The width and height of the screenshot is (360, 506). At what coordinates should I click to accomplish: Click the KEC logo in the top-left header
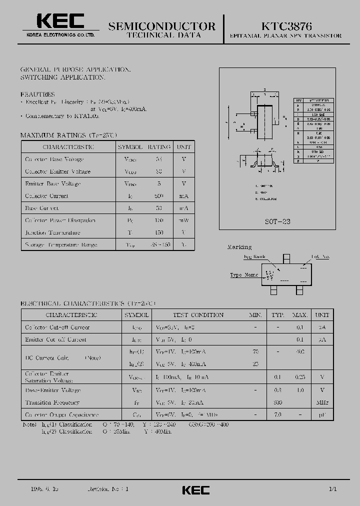pos(60,21)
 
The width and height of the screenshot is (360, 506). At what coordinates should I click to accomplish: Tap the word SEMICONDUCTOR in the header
pos(162,26)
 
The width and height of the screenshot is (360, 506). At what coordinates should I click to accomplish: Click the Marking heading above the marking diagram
pos(239,247)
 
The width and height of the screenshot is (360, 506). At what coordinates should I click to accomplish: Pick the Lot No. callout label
pos(321,257)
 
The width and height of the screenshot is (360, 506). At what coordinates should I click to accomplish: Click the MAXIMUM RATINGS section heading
pos(68,135)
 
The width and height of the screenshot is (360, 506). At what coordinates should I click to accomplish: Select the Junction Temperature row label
pos(52,232)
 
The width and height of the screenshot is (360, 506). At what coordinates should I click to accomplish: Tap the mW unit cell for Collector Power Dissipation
pos(184,220)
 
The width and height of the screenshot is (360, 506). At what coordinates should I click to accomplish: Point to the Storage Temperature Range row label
pos(61,245)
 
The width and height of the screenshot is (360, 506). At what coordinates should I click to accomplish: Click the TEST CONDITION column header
pos(198,315)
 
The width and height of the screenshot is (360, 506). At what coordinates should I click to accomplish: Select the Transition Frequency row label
pos(52,402)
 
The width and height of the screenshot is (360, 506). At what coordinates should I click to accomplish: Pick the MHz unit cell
pos(322,402)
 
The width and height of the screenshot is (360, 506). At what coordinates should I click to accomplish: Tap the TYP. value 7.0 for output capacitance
pos(277,414)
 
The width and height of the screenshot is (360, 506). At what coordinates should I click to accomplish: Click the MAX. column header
pos(300,315)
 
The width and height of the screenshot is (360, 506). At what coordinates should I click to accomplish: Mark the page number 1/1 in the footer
pos(333,489)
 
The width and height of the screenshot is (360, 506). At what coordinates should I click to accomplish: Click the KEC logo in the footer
pos(195,490)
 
